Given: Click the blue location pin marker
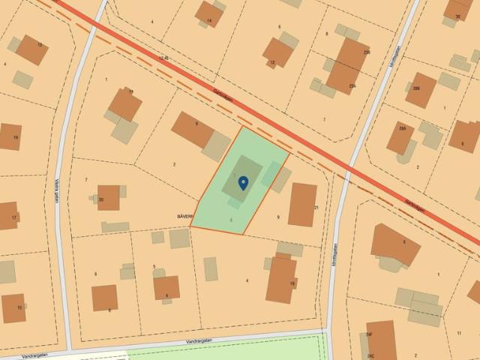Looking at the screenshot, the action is (243, 182).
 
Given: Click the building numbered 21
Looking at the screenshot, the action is (302, 204).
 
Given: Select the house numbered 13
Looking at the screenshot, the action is (31, 49).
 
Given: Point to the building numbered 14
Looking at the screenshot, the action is (208, 13).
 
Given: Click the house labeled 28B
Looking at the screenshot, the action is (421, 90).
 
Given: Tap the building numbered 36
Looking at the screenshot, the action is (108, 197).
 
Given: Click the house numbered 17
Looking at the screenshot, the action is (7, 215).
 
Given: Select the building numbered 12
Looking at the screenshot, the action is (277, 52).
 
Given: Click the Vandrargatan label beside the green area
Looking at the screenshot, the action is (202, 340).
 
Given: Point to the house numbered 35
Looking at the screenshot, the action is (457, 9).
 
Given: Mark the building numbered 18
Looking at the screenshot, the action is (281, 279).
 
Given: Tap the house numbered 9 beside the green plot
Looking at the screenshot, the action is (193, 130).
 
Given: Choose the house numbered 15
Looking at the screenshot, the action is (13, 307).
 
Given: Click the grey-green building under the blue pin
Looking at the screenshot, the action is (241, 178).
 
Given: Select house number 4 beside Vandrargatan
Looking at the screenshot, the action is (166, 287).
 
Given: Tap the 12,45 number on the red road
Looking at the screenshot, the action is (164, 58).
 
